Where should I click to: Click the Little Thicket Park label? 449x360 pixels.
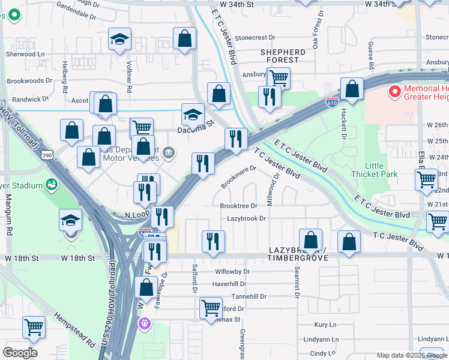[x=381, y=170]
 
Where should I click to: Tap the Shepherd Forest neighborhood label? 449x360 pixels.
[x=283, y=56]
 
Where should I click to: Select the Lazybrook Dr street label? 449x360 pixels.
[x=246, y=219]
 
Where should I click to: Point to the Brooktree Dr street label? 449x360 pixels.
[x=238, y=206]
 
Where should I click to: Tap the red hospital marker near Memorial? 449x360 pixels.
[x=394, y=92]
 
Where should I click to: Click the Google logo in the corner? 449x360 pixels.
[x=20, y=353]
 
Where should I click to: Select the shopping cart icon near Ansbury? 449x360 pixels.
[x=279, y=77]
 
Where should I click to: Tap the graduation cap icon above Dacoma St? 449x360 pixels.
[x=193, y=114]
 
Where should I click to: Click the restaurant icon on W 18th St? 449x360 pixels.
[x=213, y=242]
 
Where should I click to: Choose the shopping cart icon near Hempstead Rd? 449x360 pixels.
[x=34, y=327]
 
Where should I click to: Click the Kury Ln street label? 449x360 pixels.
[x=325, y=325]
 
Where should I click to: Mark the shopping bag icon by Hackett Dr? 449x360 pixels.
[x=352, y=89]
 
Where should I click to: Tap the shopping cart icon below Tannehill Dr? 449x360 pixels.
[x=211, y=308]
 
